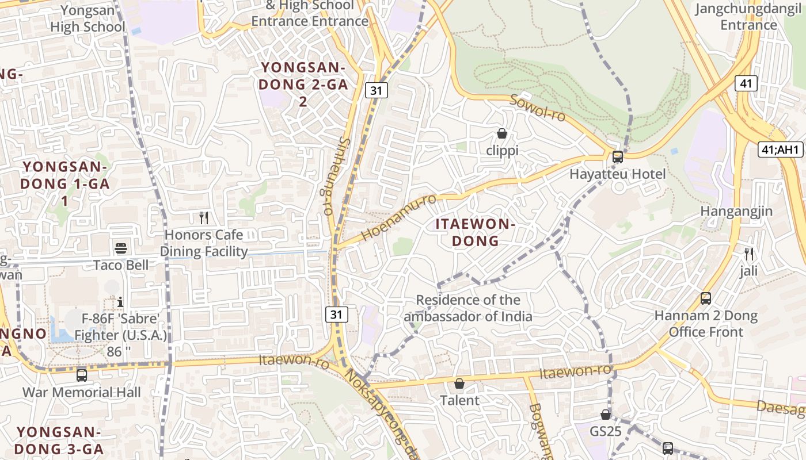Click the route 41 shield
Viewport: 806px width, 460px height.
coord(746,83)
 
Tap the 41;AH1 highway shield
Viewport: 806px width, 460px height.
coord(780,150)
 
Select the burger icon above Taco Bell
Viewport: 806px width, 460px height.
coord(121,248)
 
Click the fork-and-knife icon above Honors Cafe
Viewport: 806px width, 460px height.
coord(203,218)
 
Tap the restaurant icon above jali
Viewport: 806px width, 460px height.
coord(749,254)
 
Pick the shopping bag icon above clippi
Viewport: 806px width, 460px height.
coord(502,134)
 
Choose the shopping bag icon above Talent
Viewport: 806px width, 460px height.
coord(459,384)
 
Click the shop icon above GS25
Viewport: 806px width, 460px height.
coord(606,415)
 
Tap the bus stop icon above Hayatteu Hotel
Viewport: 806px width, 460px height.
coord(618,156)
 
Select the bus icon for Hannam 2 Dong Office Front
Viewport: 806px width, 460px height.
coord(706,298)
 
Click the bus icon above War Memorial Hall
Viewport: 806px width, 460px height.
coord(82,375)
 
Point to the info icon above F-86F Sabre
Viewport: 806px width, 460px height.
coord(120,302)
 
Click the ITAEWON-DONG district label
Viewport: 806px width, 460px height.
coord(473,232)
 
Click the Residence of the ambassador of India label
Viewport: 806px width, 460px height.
coord(467,308)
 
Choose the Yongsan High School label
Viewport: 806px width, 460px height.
coord(88,18)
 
